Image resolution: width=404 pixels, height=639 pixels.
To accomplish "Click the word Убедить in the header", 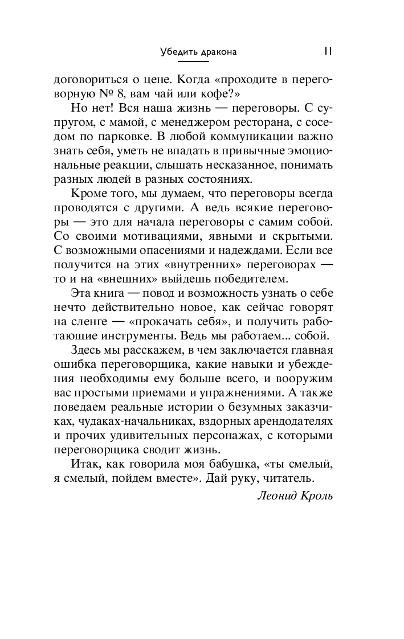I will (x=177, y=52).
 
